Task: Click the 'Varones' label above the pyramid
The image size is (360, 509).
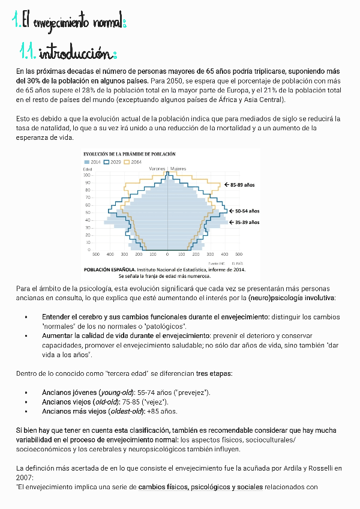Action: point(157,169)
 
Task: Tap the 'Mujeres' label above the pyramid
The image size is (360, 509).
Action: point(178,169)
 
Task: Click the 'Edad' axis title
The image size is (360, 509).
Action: point(88,169)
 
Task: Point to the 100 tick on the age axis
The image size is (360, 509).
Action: point(87,175)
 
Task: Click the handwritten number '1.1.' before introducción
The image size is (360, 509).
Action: point(28,54)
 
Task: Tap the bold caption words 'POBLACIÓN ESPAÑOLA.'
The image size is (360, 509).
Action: point(110,270)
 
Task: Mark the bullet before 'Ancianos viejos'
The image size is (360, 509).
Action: point(26,402)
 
